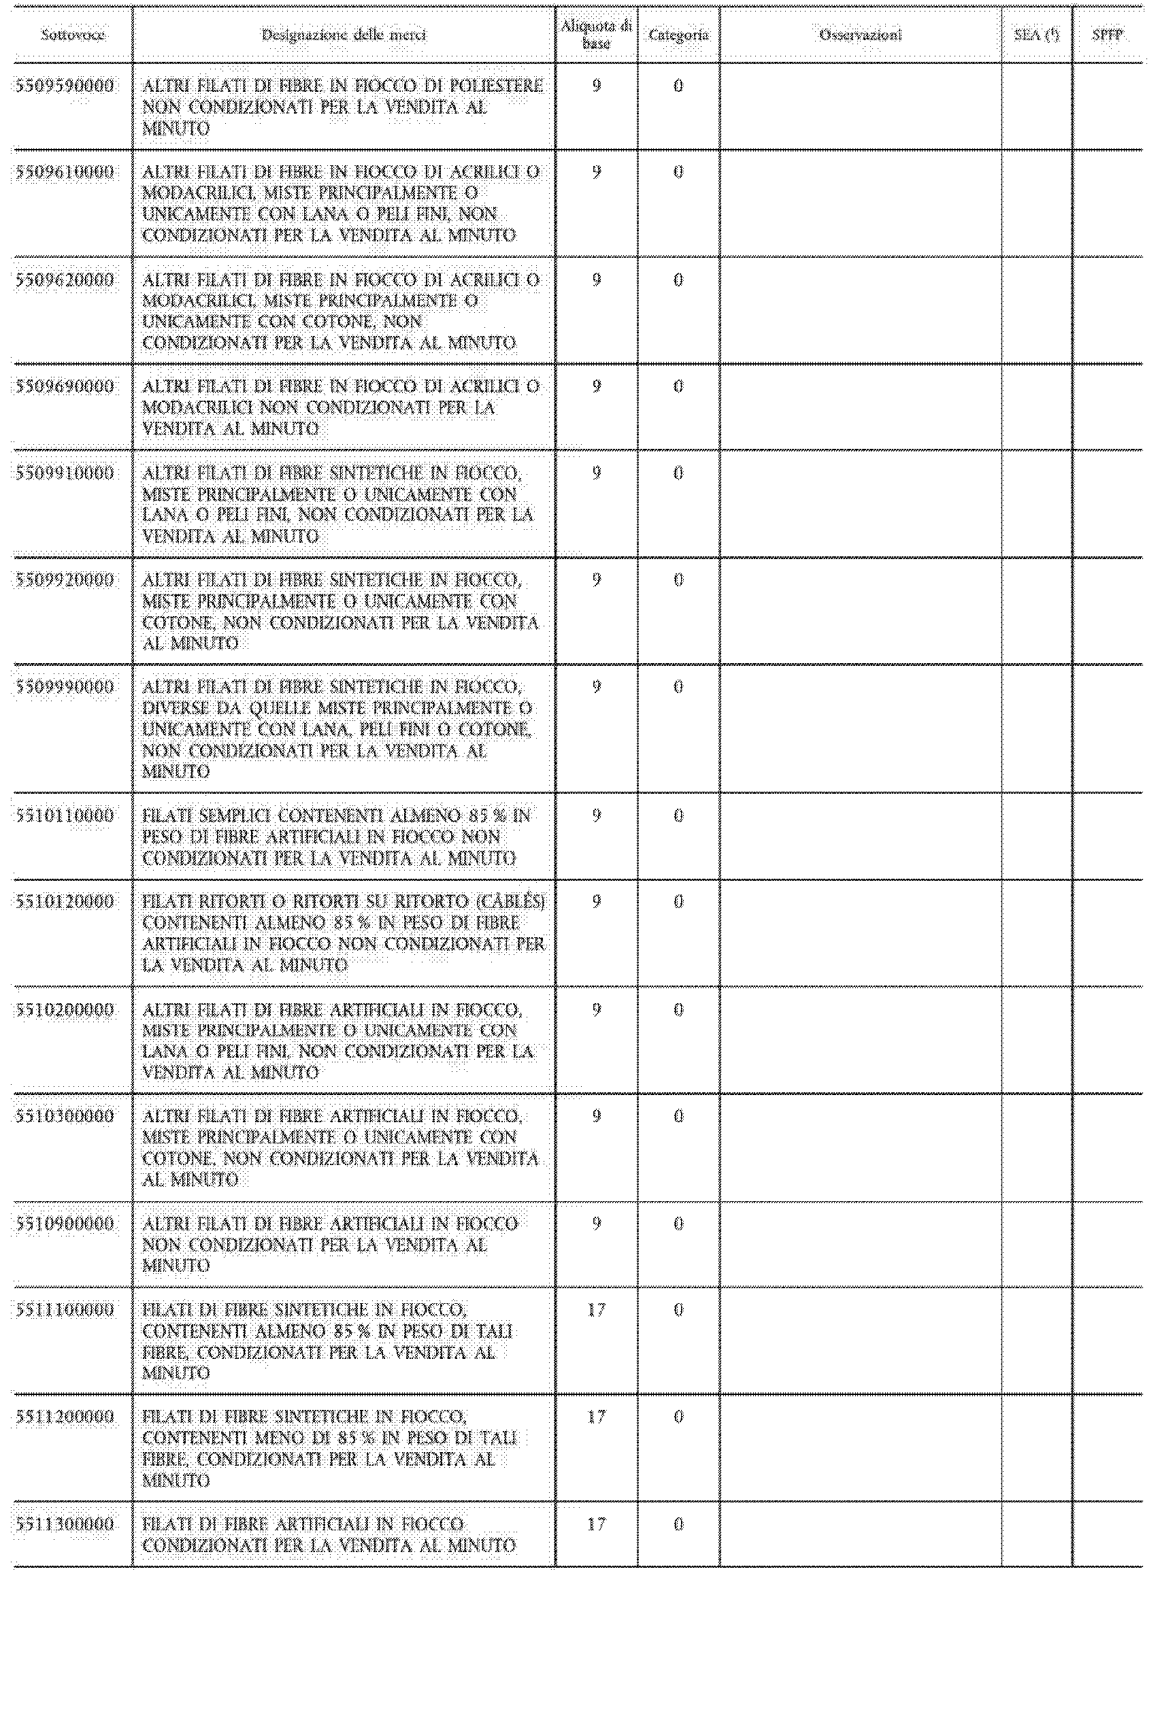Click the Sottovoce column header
tap(72, 35)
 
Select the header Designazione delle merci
tap(344, 35)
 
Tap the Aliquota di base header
tap(596, 35)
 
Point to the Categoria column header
tap(678, 35)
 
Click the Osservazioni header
tap(861, 35)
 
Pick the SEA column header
tap(1036, 35)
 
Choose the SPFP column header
tap(1107, 35)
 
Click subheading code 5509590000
tap(65, 86)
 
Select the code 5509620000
tap(65, 280)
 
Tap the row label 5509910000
tap(65, 473)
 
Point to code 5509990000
tap(65, 687)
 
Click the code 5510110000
tap(65, 816)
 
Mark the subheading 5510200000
tap(65, 1010)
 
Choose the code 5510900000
tap(65, 1224)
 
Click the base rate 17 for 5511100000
tap(596, 1310)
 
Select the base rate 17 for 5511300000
tap(596, 1524)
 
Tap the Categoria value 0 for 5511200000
tap(678, 1417)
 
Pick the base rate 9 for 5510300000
tap(596, 1117)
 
